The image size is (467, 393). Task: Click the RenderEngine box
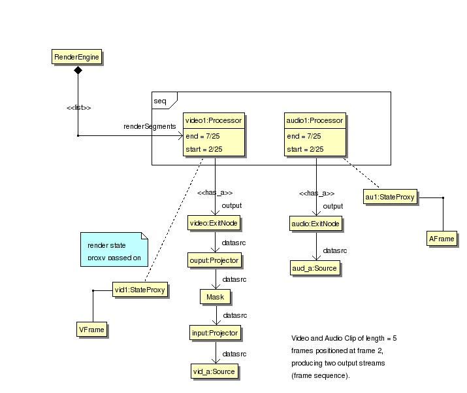pyautogui.click(x=77, y=58)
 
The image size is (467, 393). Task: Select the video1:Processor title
pyautogui.click(x=214, y=120)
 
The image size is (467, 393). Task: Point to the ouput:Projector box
pyautogui.click(x=214, y=260)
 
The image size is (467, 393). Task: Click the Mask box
pyautogui.click(x=215, y=297)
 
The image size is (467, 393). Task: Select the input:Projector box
pyautogui.click(x=214, y=333)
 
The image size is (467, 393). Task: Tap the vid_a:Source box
pyautogui.click(x=214, y=371)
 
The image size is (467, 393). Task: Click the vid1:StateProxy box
pyautogui.click(x=140, y=289)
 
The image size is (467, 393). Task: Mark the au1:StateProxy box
pyautogui.click(x=390, y=196)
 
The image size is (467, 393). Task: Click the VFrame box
pyautogui.click(x=91, y=330)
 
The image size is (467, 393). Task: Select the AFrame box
pyautogui.click(x=442, y=239)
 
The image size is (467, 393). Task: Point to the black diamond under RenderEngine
pyautogui.click(x=78, y=70)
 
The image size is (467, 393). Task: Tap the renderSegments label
pyautogui.click(x=150, y=126)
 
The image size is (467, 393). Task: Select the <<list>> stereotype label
pyautogui.click(x=78, y=108)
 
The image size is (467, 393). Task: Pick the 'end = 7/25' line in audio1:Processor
pyautogui.click(x=304, y=137)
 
